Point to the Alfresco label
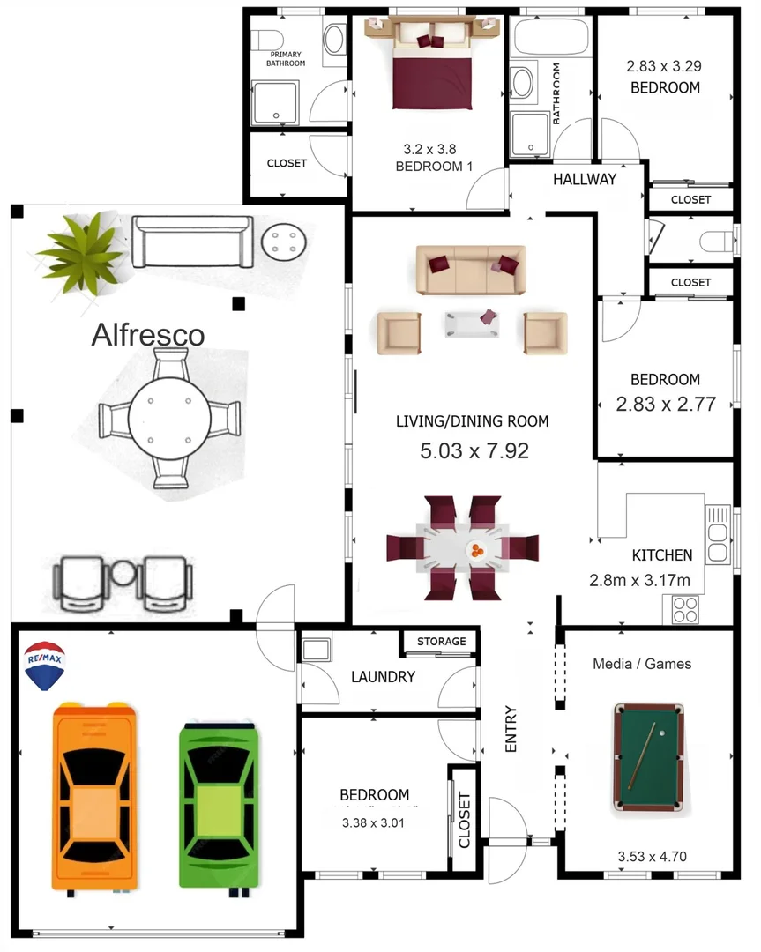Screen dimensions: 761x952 coord(148,335)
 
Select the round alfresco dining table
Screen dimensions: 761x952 coord(168,418)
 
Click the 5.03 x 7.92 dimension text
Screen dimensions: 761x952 coord(474,451)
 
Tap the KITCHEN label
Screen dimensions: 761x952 coord(662,555)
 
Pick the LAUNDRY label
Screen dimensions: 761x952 coord(383,677)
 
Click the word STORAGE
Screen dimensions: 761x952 coord(441,641)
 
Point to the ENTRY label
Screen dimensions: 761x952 coord(511,729)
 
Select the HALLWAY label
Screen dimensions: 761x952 coord(585,179)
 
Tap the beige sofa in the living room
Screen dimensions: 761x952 coord(470,270)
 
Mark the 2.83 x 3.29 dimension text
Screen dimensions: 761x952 coord(664,65)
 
